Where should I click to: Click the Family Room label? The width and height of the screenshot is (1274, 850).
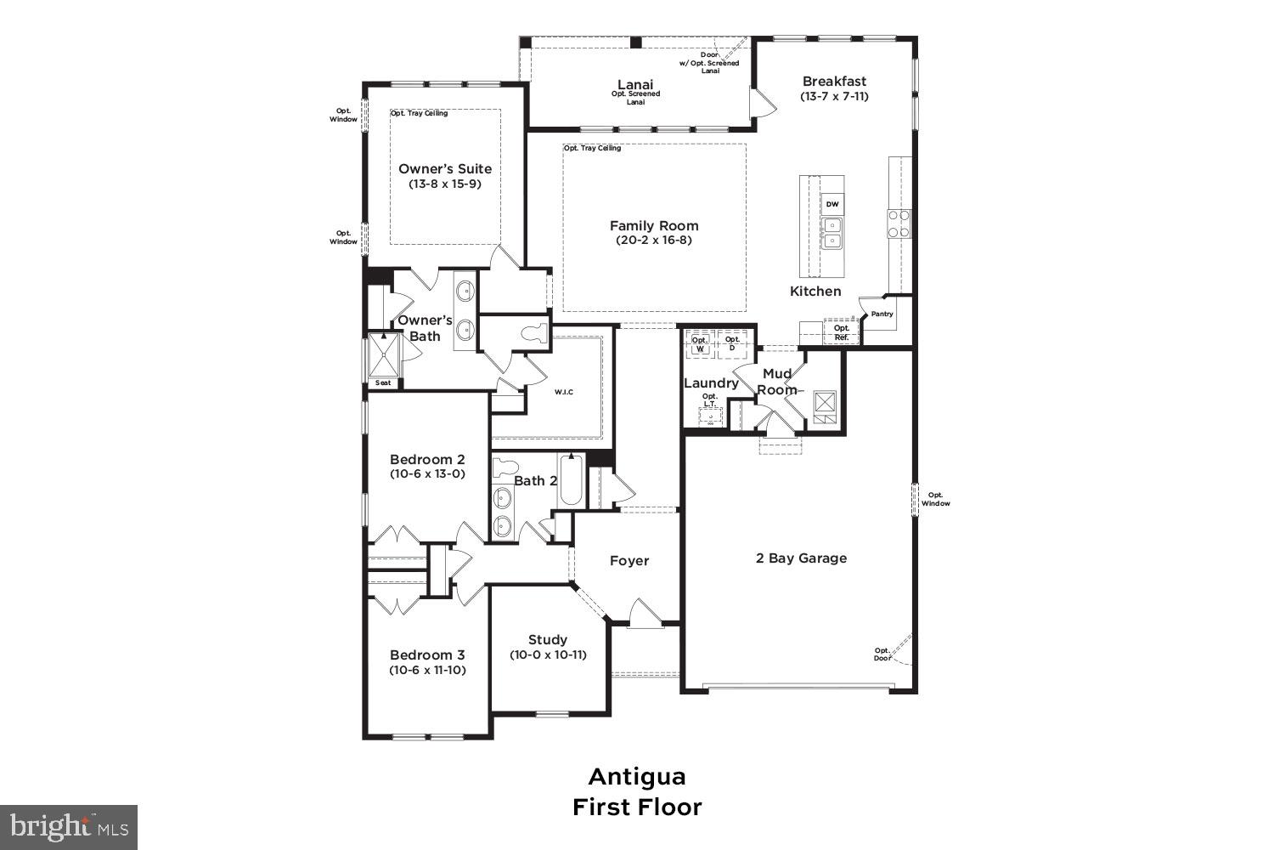(x=654, y=225)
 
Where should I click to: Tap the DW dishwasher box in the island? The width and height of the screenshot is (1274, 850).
(x=831, y=205)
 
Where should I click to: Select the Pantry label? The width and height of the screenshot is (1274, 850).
(x=882, y=314)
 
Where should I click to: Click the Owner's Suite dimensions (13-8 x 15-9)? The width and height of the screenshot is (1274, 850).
(x=445, y=184)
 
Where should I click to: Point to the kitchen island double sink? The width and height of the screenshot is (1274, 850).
(x=831, y=233)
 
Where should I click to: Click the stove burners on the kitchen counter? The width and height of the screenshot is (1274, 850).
(x=899, y=223)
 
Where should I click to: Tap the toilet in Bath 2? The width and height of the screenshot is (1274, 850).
(x=506, y=468)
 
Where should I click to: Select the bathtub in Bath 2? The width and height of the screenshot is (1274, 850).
(x=572, y=484)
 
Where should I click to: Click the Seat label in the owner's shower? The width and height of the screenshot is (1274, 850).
(x=383, y=382)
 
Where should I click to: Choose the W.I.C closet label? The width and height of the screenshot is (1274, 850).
(x=564, y=392)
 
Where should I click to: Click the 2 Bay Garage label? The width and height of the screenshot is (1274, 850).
(x=801, y=558)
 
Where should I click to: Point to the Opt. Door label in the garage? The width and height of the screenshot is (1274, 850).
(x=882, y=654)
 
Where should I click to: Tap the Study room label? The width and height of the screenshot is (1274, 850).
(x=548, y=639)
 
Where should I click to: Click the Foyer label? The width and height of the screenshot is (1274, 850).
(x=629, y=561)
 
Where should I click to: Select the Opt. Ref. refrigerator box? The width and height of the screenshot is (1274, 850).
(x=841, y=332)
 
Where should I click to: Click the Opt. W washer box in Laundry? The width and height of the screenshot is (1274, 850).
(x=700, y=344)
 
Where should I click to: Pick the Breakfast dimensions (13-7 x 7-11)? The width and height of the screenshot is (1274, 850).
(x=834, y=96)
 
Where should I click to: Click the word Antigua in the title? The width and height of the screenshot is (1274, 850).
(x=637, y=777)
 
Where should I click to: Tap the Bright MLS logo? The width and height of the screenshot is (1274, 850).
(x=68, y=827)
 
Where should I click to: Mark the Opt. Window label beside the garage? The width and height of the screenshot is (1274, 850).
(x=935, y=499)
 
